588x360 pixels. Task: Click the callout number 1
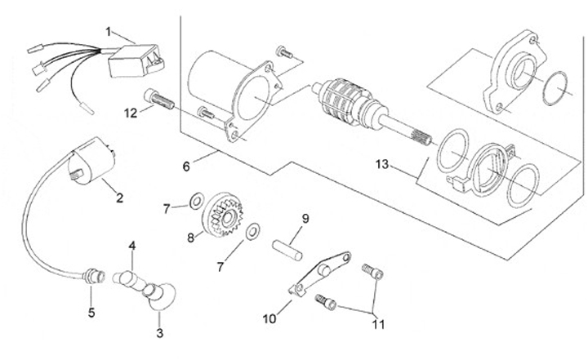pos(109,32)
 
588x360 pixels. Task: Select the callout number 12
pos(131,113)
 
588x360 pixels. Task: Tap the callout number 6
pos(186,167)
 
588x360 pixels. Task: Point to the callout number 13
pos(382,164)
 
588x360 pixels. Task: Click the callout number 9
pos(305,219)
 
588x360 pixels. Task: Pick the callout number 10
pos(269,318)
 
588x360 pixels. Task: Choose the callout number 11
pos(378,324)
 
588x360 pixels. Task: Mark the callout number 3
pos(160,333)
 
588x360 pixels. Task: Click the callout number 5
pos(91,313)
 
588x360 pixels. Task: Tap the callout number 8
pos(191,238)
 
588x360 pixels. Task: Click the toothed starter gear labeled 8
pos(222,215)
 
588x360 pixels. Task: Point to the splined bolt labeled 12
pos(159,100)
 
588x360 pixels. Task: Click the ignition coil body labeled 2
pos(92,161)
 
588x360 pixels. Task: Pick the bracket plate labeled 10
pos(320,274)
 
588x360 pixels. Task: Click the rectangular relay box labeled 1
pos(136,60)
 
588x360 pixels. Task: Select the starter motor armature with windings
pos(372,110)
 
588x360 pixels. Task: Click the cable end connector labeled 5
pos(95,278)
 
